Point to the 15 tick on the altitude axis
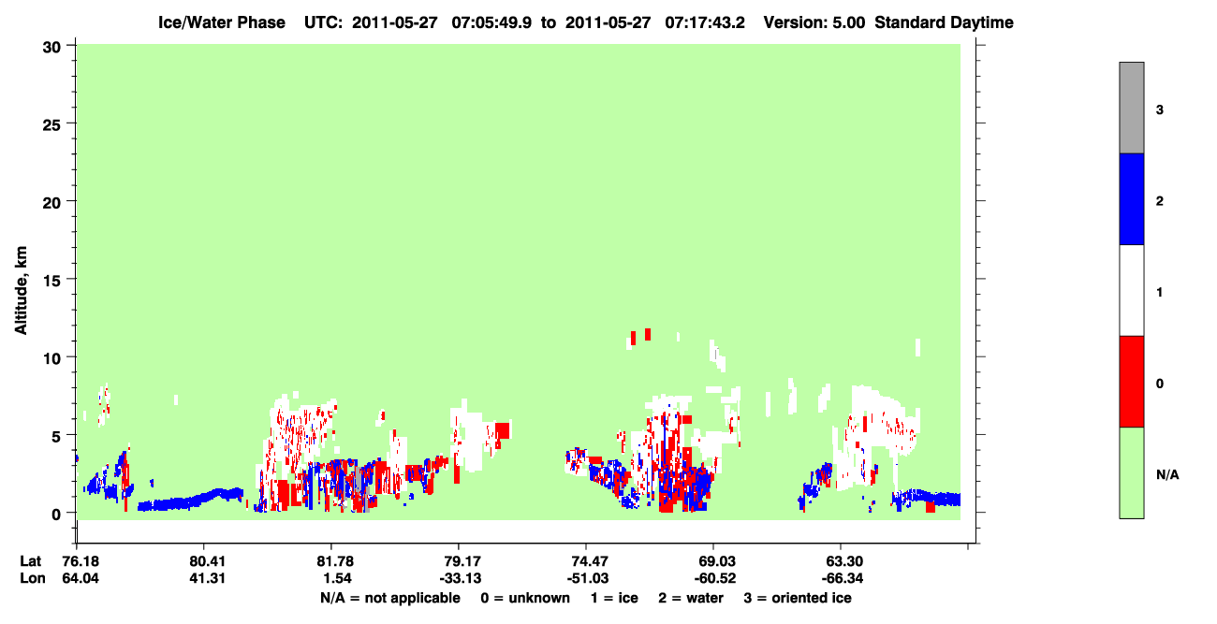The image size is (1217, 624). point(70,279)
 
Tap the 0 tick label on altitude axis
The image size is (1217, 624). point(56,515)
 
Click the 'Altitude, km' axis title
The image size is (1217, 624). point(21,290)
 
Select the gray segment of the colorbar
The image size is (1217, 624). point(1132,108)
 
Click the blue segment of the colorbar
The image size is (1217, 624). point(1132,198)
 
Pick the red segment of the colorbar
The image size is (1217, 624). point(1132,382)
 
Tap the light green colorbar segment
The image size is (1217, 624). point(1132,472)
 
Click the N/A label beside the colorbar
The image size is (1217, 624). point(1167,474)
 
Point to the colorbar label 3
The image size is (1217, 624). point(1159,109)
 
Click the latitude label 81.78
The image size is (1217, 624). point(335,561)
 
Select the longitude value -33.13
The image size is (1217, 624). point(461,578)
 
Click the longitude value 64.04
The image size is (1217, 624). point(81,578)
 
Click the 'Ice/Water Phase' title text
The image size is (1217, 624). point(222,22)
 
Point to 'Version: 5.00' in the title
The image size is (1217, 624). point(814,22)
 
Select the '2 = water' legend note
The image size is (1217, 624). point(691,598)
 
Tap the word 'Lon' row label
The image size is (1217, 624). point(33,578)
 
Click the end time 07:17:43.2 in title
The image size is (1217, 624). point(705,22)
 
